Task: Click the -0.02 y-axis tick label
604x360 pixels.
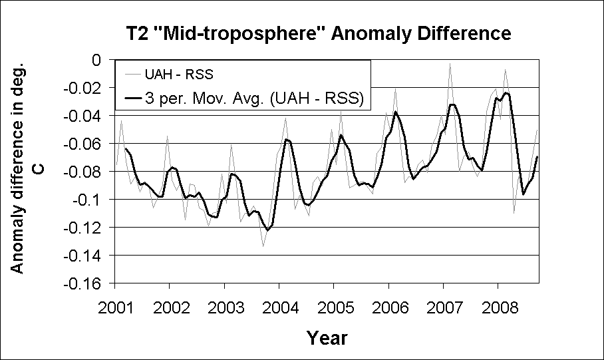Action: pos(85,88)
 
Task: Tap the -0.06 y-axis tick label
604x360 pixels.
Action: pos(85,144)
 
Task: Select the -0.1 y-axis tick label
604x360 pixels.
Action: pos(90,200)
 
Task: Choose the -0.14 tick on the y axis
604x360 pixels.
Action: pos(85,256)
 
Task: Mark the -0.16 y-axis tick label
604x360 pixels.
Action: pos(85,283)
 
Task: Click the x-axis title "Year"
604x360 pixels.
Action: pos(327,337)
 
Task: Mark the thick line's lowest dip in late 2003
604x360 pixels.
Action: pos(267,230)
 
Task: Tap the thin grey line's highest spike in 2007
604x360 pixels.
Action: pos(450,63)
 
